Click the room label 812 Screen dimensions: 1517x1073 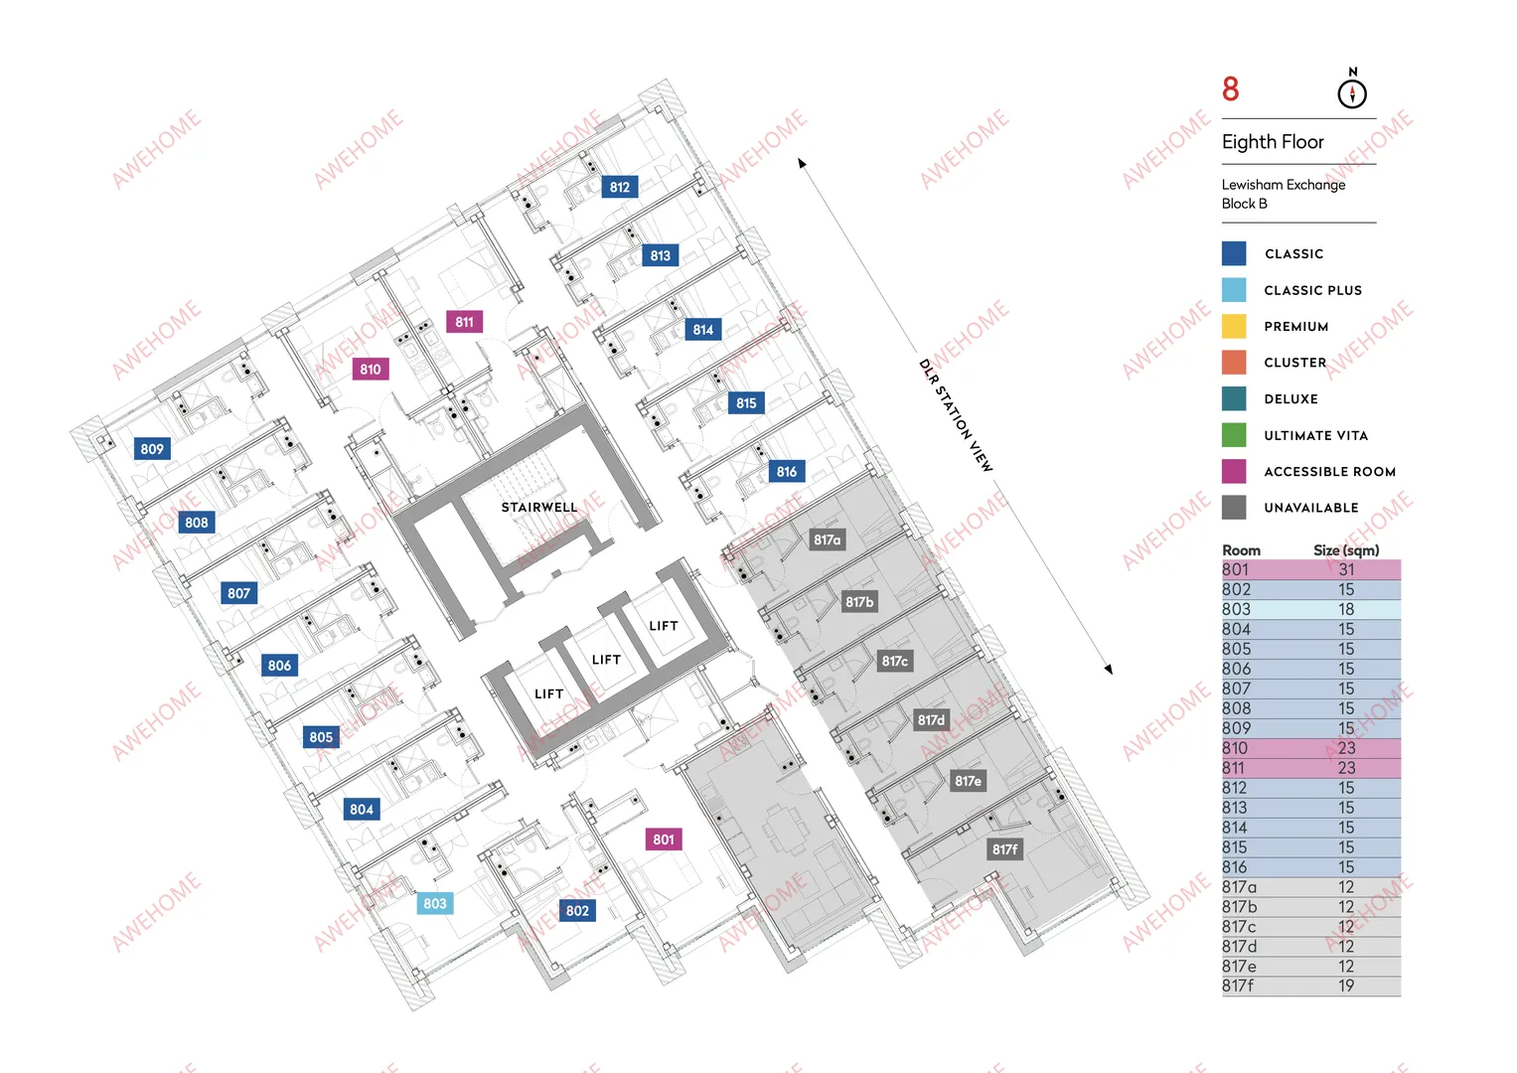pyautogui.click(x=620, y=187)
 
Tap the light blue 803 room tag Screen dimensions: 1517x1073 pyautogui.click(x=435, y=903)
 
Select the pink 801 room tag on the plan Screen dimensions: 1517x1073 pyautogui.click(x=663, y=840)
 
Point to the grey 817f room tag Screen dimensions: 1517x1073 pyautogui.click(x=1005, y=848)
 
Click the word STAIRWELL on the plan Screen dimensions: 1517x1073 pyautogui.click(x=539, y=507)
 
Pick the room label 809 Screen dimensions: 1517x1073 pyautogui.click(x=152, y=448)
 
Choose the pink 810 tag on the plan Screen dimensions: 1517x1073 pyautogui.click(x=371, y=370)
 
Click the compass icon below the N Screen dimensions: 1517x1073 pyautogui.click(x=1352, y=93)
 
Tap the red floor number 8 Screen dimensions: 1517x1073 pyautogui.click(x=1231, y=88)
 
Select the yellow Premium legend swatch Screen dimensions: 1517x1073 pyautogui.click(x=1234, y=326)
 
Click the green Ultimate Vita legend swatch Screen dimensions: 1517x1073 pyautogui.click(x=1234, y=435)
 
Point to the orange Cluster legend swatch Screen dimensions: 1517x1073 pyautogui.click(x=1234, y=363)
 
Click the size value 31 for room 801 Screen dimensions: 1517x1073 pyautogui.click(x=1346, y=569)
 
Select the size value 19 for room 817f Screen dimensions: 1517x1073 pyautogui.click(x=1346, y=986)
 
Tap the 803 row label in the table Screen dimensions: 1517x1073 pyautogui.click(x=1236, y=609)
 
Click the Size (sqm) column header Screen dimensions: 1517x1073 pyautogui.click(x=1346, y=550)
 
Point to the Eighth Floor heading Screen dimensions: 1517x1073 pyautogui.click(x=1273, y=141)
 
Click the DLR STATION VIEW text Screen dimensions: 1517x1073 pyautogui.click(x=956, y=415)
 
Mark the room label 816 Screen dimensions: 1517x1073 pyautogui.click(x=786, y=472)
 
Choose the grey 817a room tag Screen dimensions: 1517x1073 pyautogui.click(x=827, y=539)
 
